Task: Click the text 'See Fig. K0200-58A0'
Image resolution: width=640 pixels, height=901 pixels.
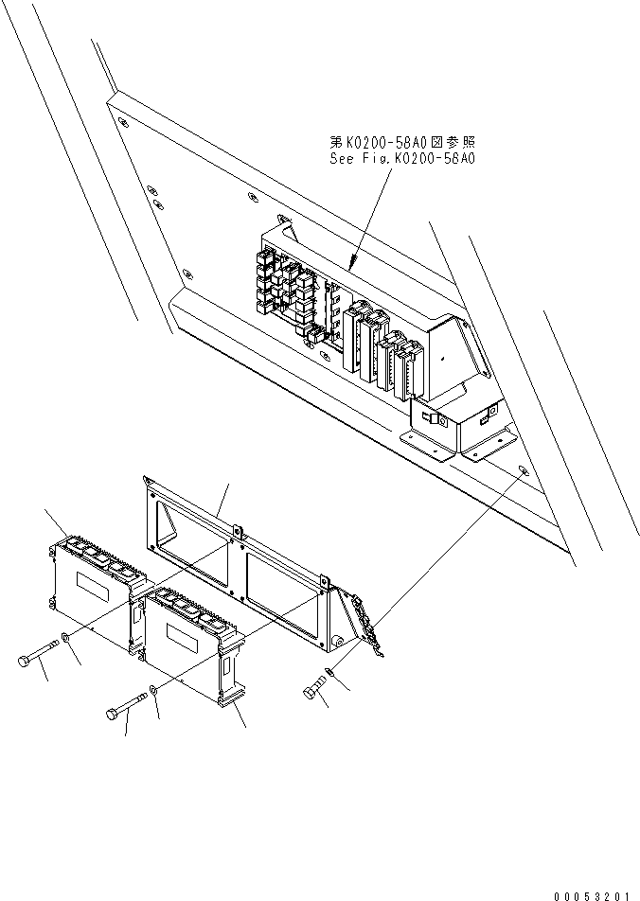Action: [x=401, y=158]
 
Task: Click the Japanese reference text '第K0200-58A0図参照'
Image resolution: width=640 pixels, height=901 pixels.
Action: [x=401, y=141]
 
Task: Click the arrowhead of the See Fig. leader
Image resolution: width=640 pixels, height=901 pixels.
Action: [x=352, y=265]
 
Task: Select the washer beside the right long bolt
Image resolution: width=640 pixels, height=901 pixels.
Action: [x=154, y=697]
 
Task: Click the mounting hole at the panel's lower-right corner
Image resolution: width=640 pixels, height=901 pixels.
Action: [x=525, y=470]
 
